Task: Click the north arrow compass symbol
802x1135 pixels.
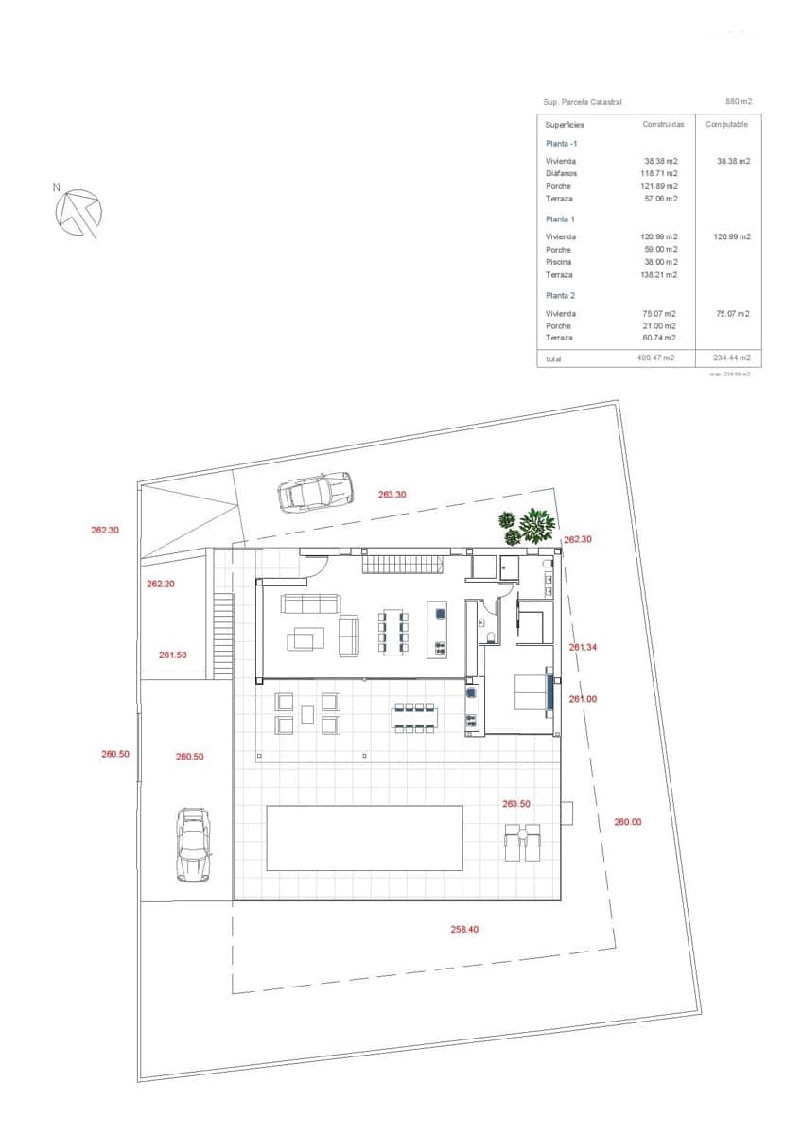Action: click(x=78, y=211)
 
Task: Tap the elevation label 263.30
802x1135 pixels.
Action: click(x=392, y=494)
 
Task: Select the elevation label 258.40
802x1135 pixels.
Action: click(x=464, y=929)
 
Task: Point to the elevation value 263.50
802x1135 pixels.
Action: click(x=516, y=803)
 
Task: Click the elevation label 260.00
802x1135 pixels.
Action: click(x=628, y=821)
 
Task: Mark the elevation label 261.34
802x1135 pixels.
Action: click(x=583, y=647)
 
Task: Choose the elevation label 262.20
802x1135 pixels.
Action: click(x=161, y=584)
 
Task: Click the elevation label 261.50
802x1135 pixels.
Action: click(x=172, y=655)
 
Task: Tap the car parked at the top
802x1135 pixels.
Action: click(x=315, y=492)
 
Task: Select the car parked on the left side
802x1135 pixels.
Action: click(x=193, y=845)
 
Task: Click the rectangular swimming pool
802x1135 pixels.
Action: click(x=365, y=838)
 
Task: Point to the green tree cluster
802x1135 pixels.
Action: click(x=527, y=526)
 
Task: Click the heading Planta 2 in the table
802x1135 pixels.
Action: click(x=561, y=295)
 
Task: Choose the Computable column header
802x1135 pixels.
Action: click(x=726, y=124)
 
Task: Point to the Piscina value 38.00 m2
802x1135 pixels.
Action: click(x=660, y=262)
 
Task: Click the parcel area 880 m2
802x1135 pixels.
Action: click(x=738, y=101)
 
